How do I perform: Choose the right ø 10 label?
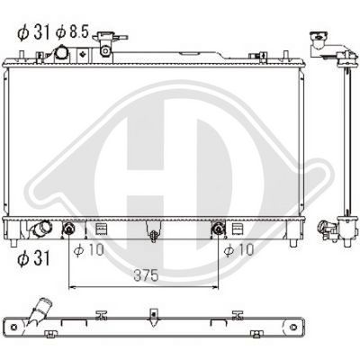pos(238,248)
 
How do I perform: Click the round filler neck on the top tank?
pos(63,53)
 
